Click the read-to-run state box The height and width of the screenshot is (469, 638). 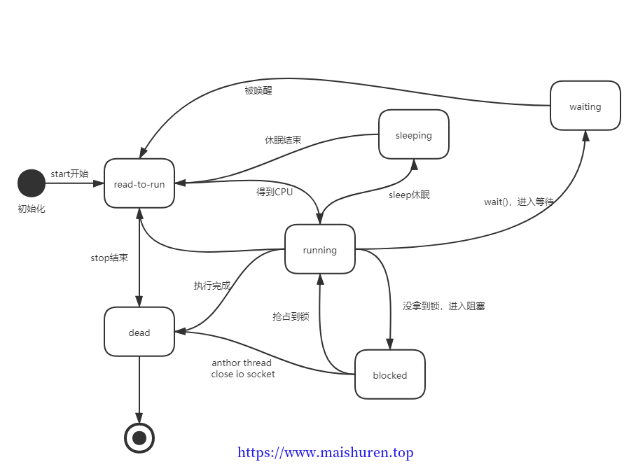pos(139,184)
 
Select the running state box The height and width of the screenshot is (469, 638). pos(320,250)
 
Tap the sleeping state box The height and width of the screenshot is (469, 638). pos(413,135)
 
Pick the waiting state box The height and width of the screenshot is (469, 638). pos(585,106)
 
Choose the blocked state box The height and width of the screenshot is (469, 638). pos(390,375)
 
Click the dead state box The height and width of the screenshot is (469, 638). pos(139,332)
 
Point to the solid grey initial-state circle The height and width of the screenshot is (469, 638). pos(31,183)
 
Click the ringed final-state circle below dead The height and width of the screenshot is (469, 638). pos(139,438)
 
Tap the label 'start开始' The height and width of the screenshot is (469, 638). pos(69,174)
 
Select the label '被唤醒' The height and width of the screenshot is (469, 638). pos(258,90)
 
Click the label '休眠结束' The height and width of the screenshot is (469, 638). pos(283,140)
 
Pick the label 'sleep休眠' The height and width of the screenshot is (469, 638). pos(409,195)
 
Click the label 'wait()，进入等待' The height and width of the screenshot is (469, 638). pos(518,202)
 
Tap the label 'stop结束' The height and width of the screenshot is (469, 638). pos(109,258)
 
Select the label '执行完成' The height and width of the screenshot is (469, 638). pos(211,286)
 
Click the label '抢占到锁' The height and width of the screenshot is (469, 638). pos(291,316)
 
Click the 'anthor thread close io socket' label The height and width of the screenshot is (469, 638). pos(243,368)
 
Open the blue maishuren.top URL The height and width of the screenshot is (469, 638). pos(326,453)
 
